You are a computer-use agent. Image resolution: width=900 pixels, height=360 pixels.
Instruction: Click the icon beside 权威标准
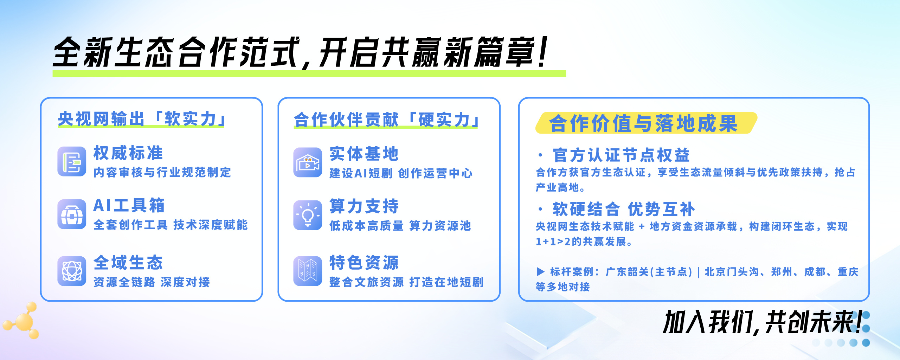(x=72, y=161)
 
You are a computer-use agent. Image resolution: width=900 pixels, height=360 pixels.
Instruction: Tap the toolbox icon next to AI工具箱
(x=72, y=214)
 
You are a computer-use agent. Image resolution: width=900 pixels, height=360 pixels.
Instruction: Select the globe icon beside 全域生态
(x=72, y=271)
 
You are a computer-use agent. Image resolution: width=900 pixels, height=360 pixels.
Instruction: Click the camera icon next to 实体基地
(x=308, y=162)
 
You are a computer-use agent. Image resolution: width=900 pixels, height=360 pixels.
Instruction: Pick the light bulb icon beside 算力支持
(x=308, y=215)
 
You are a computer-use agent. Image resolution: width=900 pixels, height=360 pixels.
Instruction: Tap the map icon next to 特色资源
(x=308, y=271)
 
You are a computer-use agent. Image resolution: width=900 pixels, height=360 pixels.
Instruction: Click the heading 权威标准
(x=128, y=153)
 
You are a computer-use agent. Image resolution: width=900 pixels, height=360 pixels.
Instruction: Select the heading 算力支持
(x=364, y=206)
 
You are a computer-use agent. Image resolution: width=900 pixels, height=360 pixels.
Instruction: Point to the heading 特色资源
(x=364, y=263)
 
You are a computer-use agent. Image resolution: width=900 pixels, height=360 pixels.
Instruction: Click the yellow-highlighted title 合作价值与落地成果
(x=643, y=123)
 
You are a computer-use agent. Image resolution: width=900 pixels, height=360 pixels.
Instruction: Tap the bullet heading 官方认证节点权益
(x=621, y=155)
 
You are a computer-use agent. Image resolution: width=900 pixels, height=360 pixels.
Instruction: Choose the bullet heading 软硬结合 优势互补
(x=624, y=209)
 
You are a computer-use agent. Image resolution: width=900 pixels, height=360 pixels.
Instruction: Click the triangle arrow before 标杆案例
(x=540, y=271)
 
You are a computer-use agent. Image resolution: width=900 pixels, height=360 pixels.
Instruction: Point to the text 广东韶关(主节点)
(x=649, y=272)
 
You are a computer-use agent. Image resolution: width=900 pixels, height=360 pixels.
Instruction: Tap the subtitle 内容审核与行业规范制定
(x=162, y=172)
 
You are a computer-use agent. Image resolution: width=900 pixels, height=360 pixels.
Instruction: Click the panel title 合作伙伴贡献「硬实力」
(x=387, y=120)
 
